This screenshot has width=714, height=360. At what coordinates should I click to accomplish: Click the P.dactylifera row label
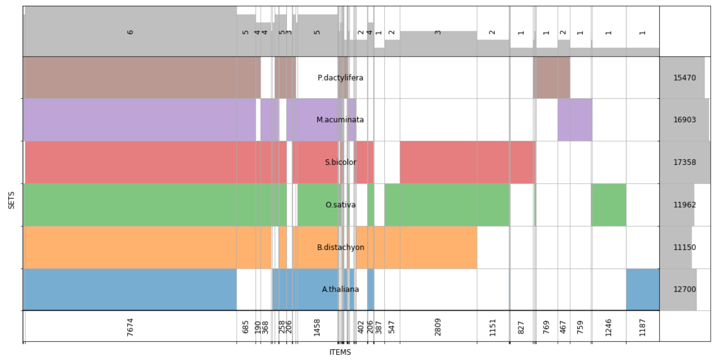point(340,78)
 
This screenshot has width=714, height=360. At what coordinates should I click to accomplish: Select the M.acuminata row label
point(340,120)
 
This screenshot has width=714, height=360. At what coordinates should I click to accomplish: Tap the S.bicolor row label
point(340,162)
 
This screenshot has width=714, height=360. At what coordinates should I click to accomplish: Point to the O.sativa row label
point(340,205)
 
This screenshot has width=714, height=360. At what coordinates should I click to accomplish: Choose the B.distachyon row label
point(340,247)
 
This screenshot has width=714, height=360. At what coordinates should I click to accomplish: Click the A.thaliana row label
point(340,289)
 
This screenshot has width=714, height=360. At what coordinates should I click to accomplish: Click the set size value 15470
point(684,78)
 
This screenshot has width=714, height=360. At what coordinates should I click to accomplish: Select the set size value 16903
point(684,120)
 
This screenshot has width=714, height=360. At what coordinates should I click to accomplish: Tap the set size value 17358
point(684,162)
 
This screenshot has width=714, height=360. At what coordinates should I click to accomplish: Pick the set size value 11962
point(684,205)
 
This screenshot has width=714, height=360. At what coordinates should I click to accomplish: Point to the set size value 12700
point(684,289)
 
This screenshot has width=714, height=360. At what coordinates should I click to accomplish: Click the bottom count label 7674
point(130,327)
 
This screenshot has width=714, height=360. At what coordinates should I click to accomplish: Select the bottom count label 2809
point(438,327)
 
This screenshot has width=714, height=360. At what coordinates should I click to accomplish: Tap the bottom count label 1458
point(317,327)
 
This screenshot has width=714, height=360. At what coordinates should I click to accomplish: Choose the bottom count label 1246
point(609,327)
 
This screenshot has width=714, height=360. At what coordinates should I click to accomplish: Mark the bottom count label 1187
point(642,327)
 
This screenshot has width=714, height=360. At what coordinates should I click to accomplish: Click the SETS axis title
point(12,200)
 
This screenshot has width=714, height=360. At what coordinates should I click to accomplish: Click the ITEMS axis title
point(340,352)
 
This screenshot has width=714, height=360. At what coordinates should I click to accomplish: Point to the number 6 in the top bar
point(130,32)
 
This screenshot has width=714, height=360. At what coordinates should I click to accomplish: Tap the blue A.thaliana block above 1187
point(642,289)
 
